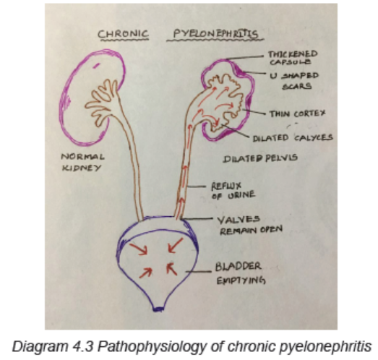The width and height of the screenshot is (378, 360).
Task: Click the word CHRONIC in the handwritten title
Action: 123,34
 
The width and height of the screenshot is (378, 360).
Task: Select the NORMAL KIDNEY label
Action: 82,162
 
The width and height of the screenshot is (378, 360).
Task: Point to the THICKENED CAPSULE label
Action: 293,58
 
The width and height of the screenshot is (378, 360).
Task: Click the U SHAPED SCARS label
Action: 295,81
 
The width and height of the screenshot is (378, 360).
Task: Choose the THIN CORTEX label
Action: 298,113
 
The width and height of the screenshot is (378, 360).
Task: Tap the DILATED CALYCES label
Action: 293,138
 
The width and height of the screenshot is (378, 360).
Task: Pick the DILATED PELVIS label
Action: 260,158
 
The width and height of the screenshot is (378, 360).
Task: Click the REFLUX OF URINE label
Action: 233,191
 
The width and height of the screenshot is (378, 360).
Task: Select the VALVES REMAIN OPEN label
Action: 250,226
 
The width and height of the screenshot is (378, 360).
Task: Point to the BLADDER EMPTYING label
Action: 240,273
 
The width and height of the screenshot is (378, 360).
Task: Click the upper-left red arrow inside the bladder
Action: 138,249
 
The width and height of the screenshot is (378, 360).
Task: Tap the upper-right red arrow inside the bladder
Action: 176,246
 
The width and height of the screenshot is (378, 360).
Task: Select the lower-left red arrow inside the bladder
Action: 145,273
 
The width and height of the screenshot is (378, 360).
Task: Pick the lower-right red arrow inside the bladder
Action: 171,269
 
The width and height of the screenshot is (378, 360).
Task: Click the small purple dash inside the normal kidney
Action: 97,65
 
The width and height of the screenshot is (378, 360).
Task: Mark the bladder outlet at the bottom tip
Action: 158,309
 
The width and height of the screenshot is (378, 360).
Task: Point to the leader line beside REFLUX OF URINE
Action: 197,187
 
